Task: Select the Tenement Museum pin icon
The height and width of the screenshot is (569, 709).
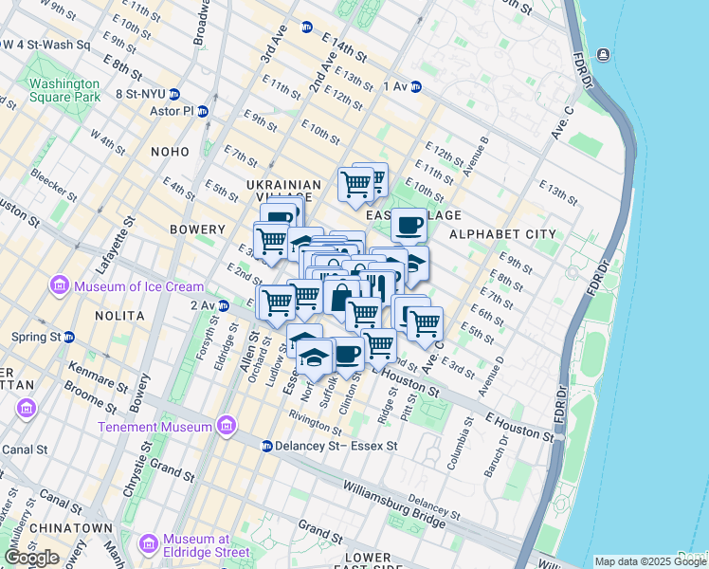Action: [x=226, y=426]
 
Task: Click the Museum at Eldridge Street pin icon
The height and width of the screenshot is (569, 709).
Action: [x=147, y=544]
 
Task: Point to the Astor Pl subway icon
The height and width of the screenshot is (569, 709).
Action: [x=201, y=111]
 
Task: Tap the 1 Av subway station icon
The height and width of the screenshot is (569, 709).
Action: [x=415, y=87]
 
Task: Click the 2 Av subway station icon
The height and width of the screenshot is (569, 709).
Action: [x=224, y=305]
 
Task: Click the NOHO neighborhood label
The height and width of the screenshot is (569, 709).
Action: [x=171, y=152]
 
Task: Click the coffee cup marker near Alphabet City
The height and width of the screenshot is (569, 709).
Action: [x=409, y=226]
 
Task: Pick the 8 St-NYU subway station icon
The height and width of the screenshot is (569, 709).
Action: [x=189, y=94]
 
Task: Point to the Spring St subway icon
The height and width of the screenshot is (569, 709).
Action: [x=69, y=337]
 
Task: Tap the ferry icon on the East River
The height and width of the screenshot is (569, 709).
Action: [x=603, y=54]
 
